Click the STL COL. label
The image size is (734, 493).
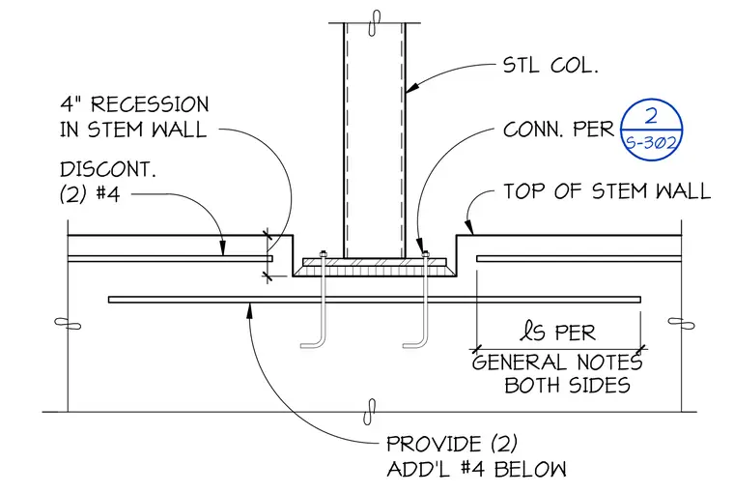point(550,65)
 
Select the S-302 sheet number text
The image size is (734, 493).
point(652,142)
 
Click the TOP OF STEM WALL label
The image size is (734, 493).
point(607,191)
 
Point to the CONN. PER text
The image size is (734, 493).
point(558,130)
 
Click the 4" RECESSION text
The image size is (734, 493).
point(134,104)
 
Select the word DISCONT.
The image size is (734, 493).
point(107,169)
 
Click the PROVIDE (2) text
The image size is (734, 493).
point(452,444)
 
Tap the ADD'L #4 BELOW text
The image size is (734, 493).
point(476,469)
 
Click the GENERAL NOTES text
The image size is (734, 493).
point(557,362)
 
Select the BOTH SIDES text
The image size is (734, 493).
point(567,385)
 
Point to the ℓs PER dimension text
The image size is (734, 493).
point(558,332)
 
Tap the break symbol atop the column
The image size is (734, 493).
point(375,22)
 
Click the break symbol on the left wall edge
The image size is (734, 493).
point(68,324)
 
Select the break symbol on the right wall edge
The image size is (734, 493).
point(681,324)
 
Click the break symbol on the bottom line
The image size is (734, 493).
point(370,412)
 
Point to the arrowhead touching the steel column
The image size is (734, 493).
point(412,87)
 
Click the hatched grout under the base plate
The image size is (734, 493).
point(375,270)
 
